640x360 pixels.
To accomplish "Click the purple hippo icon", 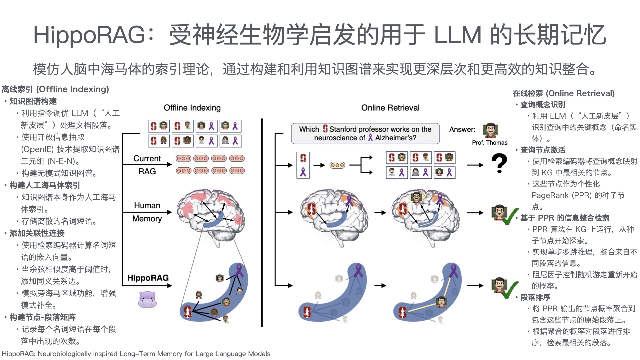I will (x=147, y=299).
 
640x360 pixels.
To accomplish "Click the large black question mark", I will (x=499, y=163).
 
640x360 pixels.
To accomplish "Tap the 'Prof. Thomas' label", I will (x=489, y=143).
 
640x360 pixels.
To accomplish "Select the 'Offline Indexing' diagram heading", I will (x=192, y=108).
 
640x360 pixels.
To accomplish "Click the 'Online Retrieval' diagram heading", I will (x=390, y=108).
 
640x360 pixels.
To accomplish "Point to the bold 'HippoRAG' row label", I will (x=148, y=278).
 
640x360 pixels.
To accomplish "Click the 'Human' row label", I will (x=147, y=205).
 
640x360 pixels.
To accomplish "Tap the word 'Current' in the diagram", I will (x=147, y=158).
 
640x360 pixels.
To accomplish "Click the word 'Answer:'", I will (x=462, y=129).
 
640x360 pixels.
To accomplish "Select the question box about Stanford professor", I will (x=365, y=133).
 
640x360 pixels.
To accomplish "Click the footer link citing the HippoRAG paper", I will (x=136, y=354).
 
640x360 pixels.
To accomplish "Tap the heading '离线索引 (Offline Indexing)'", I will (x=55, y=89).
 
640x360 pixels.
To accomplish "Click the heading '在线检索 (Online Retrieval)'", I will (x=564, y=93).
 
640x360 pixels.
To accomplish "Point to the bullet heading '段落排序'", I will (x=535, y=297).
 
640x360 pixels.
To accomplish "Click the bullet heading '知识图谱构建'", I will (x=33, y=101).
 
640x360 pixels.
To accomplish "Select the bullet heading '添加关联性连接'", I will (x=37, y=233).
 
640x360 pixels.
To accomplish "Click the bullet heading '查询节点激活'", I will (x=543, y=150).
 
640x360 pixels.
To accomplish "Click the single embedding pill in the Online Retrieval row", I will (x=337, y=165).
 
